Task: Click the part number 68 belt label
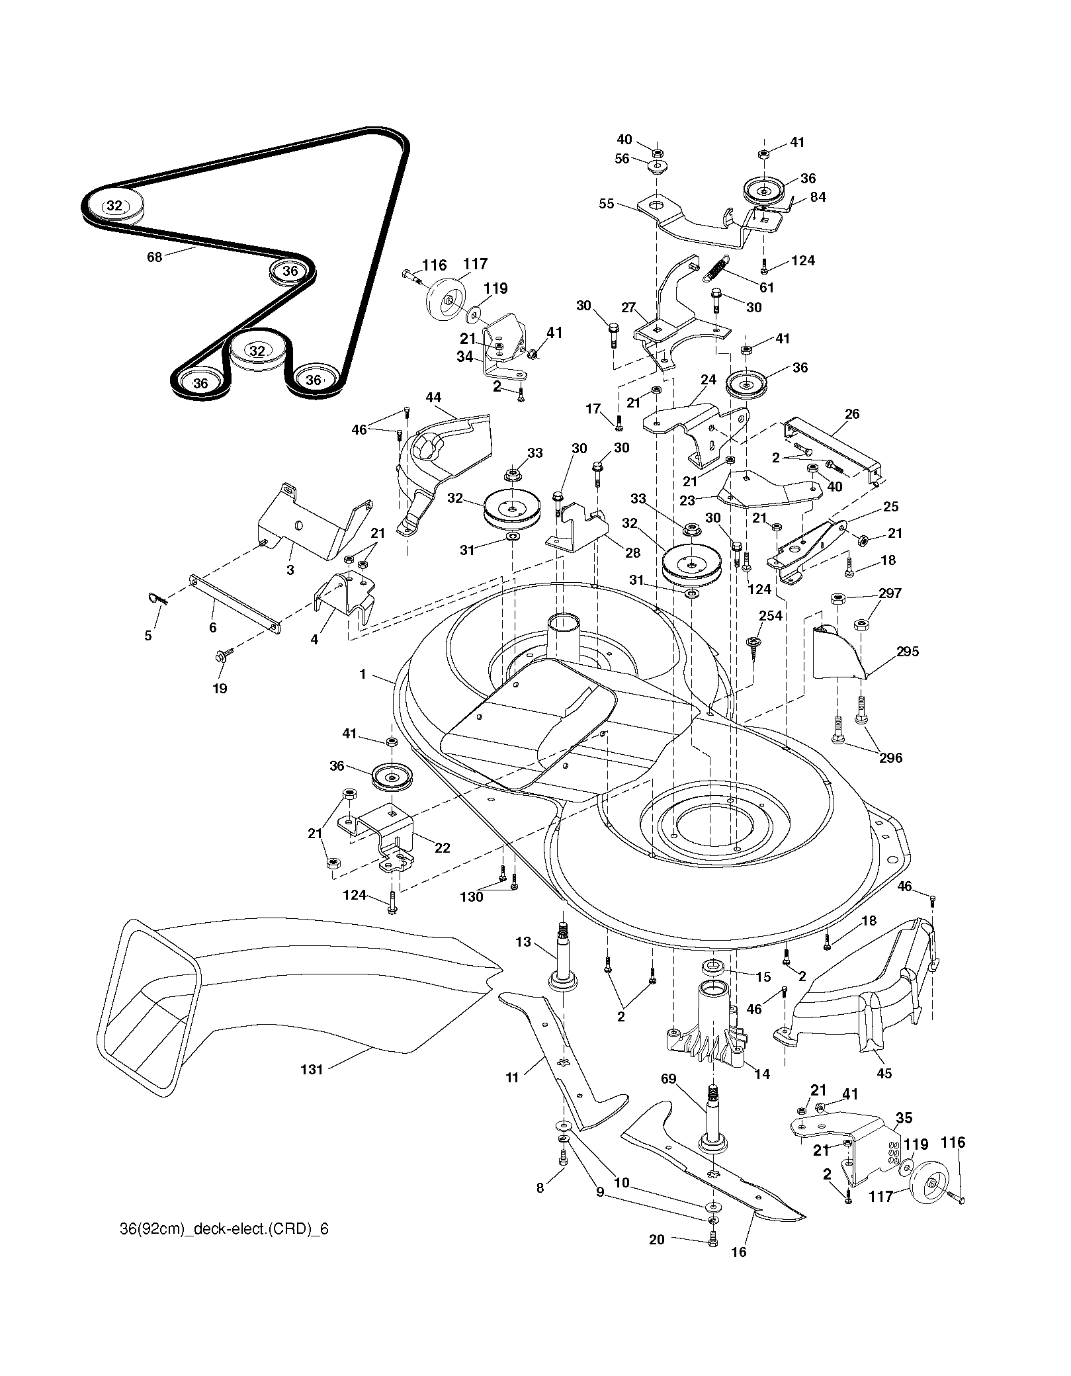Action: (x=154, y=257)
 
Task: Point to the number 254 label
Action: (x=771, y=616)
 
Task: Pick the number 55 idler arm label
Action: (x=607, y=204)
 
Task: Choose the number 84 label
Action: (x=818, y=196)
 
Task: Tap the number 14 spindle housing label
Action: (x=762, y=1074)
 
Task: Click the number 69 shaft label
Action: (x=669, y=1079)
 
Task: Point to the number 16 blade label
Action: (x=739, y=1252)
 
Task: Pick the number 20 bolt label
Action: (x=656, y=1239)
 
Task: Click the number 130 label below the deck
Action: (x=472, y=896)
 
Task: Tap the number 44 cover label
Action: (x=433, y=415)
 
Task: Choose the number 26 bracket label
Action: (x=852, y=413)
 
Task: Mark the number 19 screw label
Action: (x=220, y=688)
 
